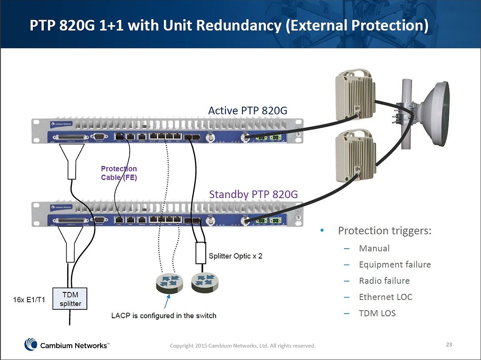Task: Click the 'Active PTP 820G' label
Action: point(247,111)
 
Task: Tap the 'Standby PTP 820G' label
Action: point(253,194)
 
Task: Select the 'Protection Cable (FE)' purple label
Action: point(119,173)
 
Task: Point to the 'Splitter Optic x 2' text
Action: point(235,256)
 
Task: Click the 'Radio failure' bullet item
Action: point(384,281)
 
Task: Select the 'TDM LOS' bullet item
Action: point(377,313)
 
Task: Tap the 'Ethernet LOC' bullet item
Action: point(385,297)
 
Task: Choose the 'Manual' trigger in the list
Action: point(374,248)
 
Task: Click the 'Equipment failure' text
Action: point(395,264)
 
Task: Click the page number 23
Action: point(449,345)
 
